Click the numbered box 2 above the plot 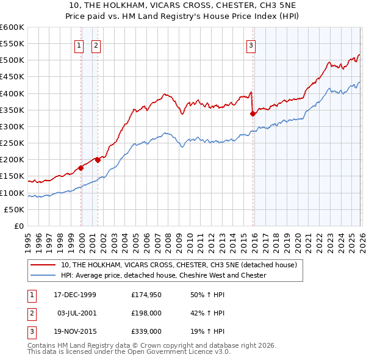(x=96, y=45)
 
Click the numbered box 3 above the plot (x=251, y=45)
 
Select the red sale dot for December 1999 (x=81, y=168)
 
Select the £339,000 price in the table (x=146, y=331)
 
